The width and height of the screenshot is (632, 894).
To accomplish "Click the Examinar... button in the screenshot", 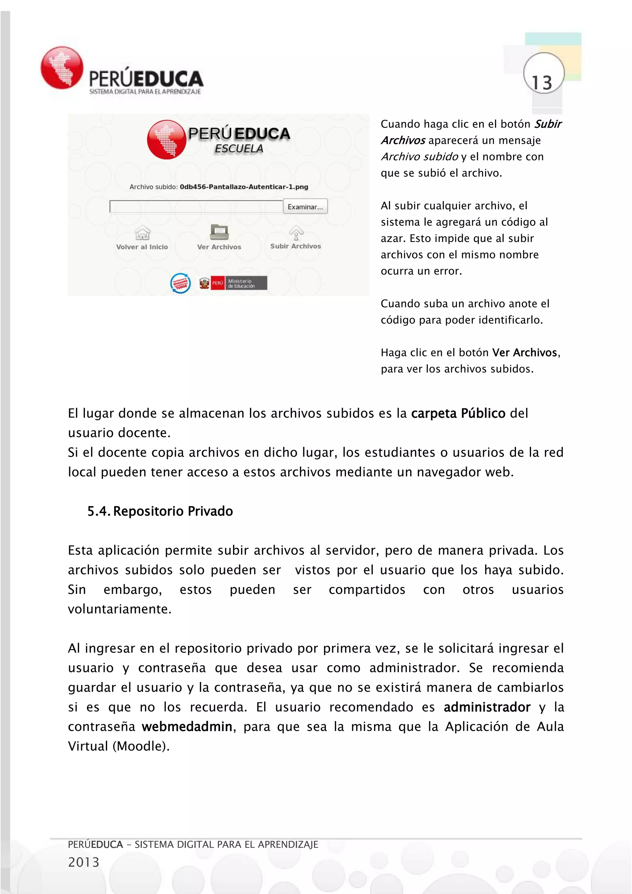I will (305, 207).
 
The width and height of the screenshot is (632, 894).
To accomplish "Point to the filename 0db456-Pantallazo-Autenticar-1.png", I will (244, 187).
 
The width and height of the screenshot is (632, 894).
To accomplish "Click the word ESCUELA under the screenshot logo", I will (239, 149).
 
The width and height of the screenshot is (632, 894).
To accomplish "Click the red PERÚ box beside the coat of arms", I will (218, 283).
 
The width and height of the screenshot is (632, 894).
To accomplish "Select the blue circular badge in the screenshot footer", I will (181, 283).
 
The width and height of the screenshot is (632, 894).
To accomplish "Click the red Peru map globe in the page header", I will (62, 68).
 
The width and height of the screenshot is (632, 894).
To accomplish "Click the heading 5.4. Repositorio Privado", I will (160, 511).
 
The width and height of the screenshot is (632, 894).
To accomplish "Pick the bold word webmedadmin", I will (187, 727).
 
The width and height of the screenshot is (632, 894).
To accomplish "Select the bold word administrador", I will (487, 707).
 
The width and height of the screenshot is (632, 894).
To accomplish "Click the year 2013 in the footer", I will (84, 862).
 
